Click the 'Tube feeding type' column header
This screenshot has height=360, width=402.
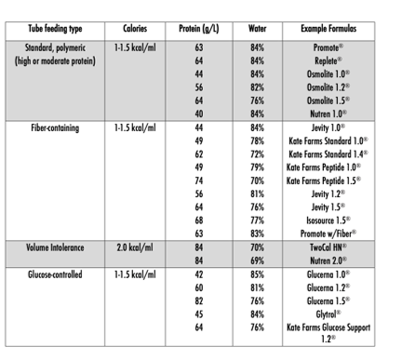(60, 29)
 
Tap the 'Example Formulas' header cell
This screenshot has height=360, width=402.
(325, 29)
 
